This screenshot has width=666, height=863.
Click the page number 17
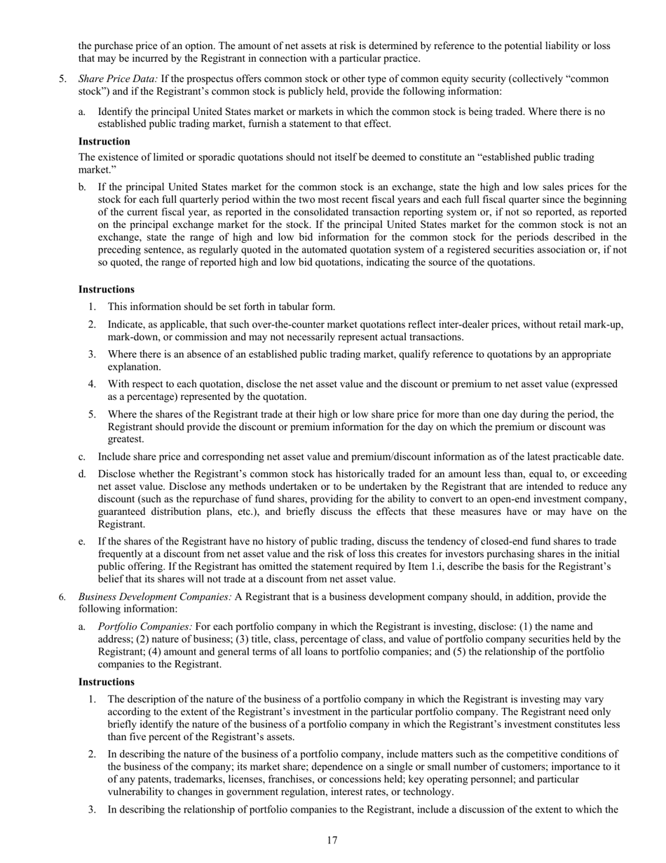(332, 841)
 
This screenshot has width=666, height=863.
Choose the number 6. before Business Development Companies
(62, 597)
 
